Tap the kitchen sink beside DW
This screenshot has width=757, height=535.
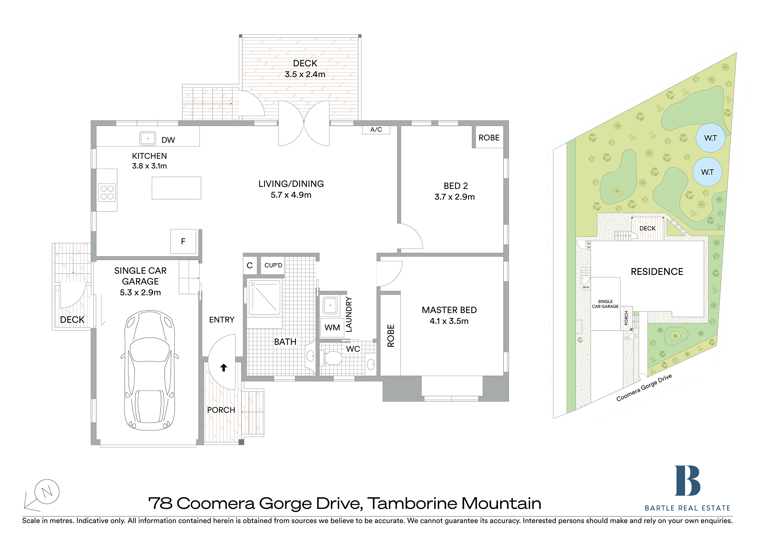click(x=148, y=138)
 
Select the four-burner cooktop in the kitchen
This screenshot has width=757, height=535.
click(x=107, y=193)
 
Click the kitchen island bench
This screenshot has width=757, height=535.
click(x=177, y=188)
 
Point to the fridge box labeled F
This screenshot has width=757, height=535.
click(x=183, y=241)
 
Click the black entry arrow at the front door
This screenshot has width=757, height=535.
click(x=223, y=368)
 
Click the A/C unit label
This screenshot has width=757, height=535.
click(x=376, y=130)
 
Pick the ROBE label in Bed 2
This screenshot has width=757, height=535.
click(x=489, y=138)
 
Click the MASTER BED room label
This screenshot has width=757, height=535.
click(x=449, y=310)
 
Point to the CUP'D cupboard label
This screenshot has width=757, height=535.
click(x=273, y=265)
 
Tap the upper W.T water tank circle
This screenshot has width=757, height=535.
click(x=710, y=138)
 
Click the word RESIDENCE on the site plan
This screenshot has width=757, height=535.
click(x=657, y=272)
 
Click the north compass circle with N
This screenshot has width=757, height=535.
click(x=47, y=491)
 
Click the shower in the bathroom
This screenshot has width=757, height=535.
click(x=264, y=298)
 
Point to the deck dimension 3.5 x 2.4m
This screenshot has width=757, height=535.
click(x=305, y=74)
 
